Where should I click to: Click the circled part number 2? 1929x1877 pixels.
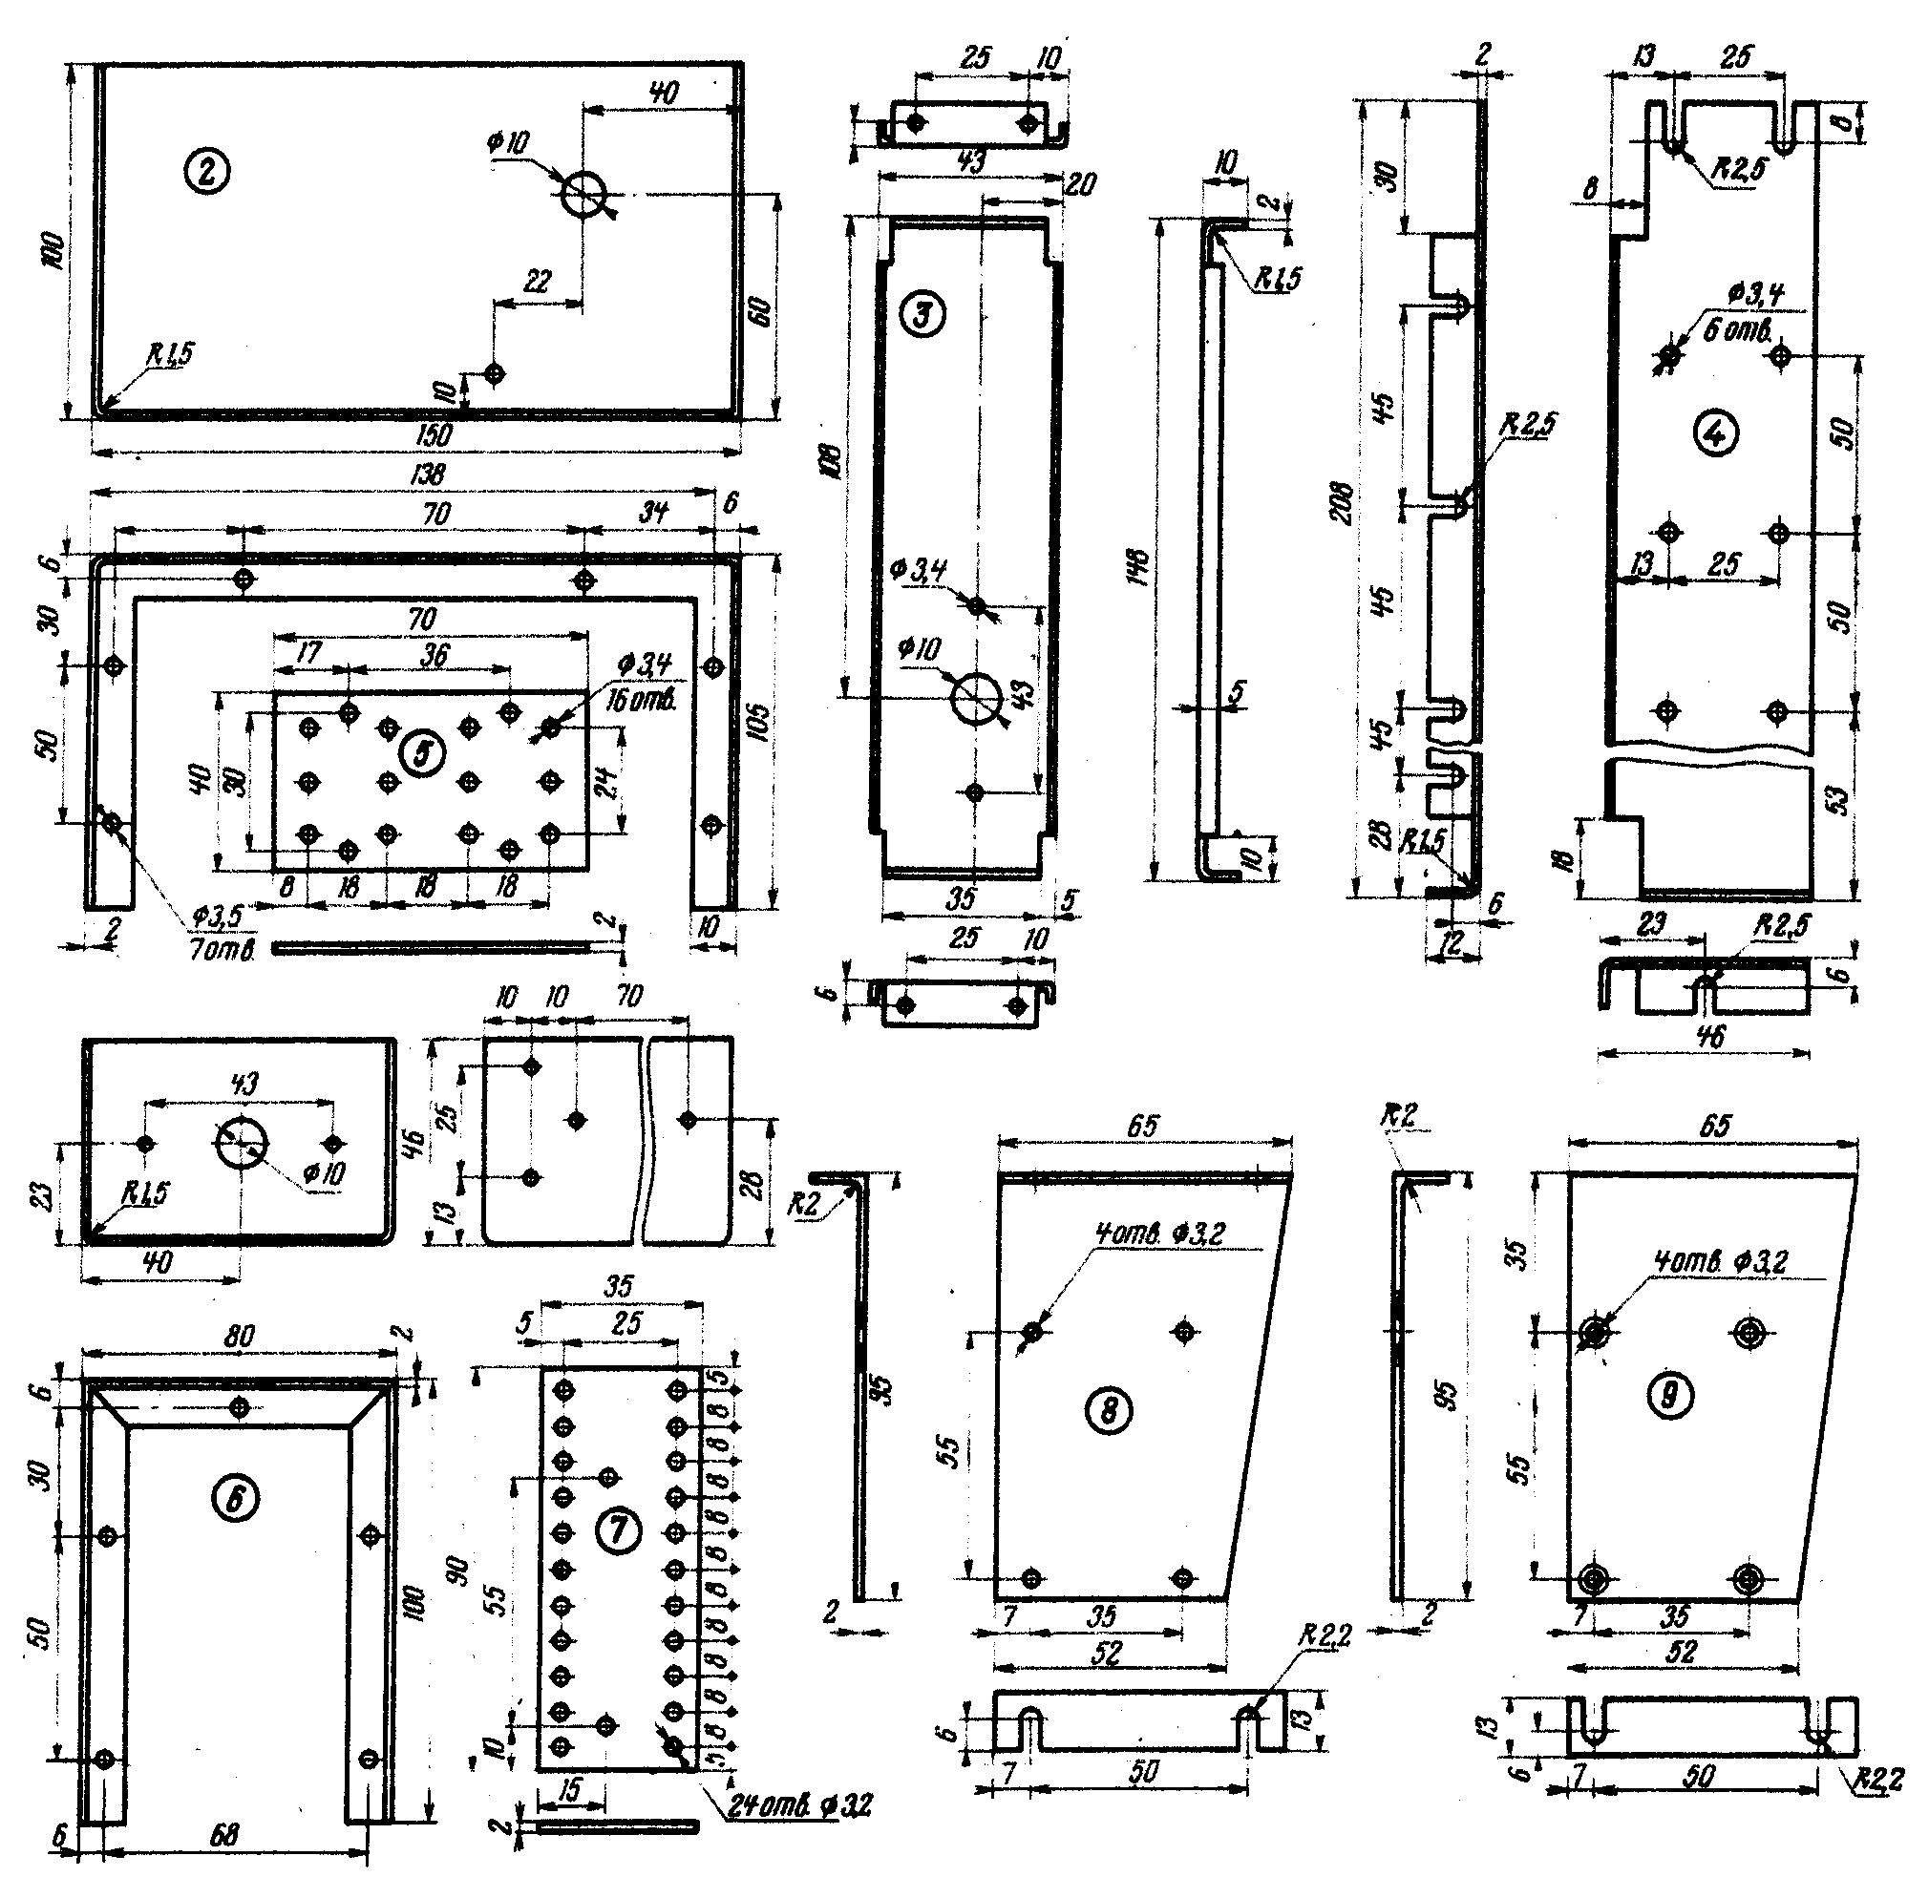tap(206, 174)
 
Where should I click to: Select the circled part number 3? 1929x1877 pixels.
tap(925, 314)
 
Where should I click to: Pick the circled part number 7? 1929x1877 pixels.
tap(620, 1530)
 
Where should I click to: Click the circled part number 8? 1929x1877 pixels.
tap(1109, 1411)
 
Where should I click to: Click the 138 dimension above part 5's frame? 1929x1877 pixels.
tap(426, 475)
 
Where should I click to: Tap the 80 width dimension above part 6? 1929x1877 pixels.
tap(238, 1336)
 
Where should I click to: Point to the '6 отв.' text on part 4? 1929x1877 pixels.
tap(1738, 330)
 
